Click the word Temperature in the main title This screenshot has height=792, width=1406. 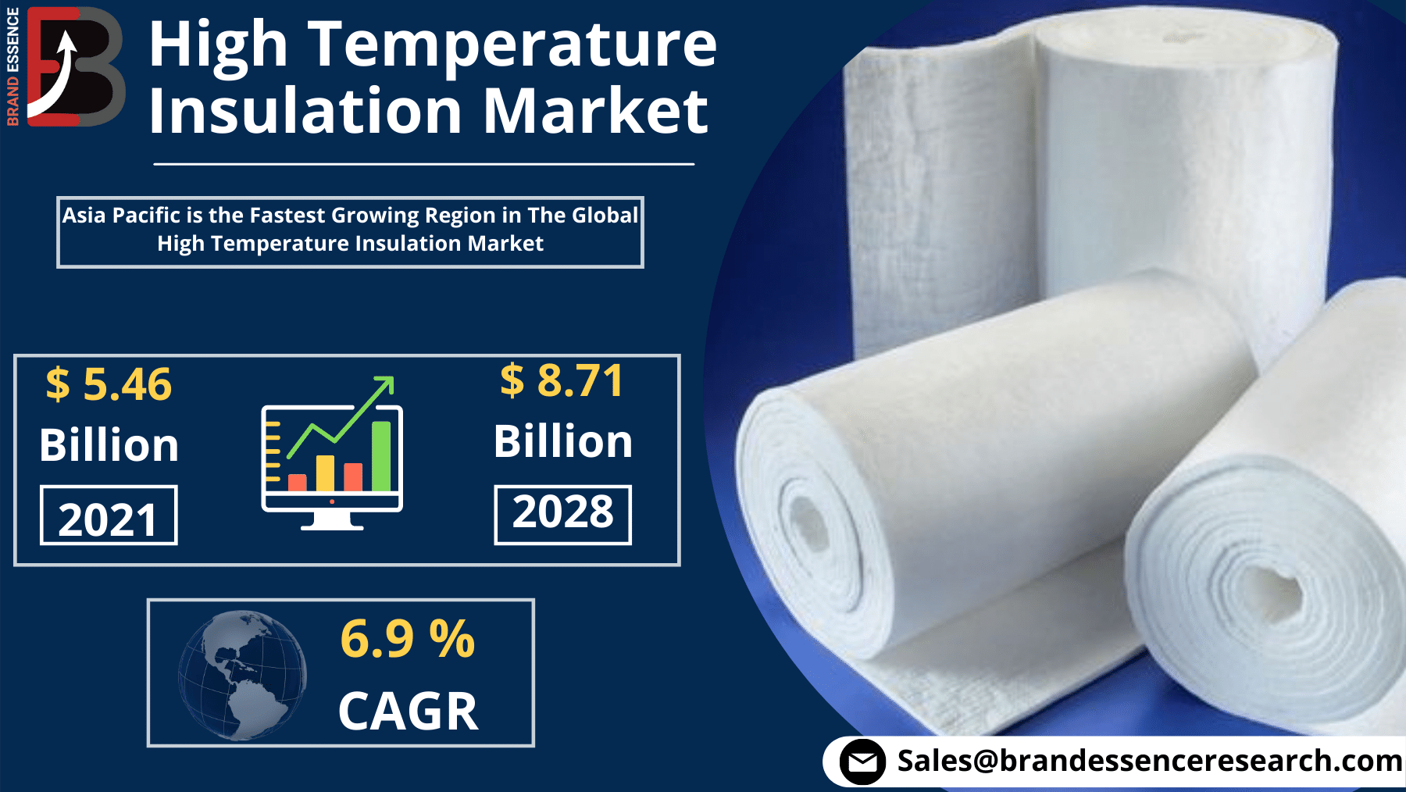512,45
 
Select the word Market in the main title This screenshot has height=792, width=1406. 595,111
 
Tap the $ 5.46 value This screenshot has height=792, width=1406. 109,384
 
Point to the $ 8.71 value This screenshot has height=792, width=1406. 562,380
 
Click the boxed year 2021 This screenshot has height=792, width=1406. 109,517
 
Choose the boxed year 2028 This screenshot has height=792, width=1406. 562,513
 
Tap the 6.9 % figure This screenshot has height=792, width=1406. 407,639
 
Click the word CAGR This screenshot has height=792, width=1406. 408,711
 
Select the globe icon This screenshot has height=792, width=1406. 242,675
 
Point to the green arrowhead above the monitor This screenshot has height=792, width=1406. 386,384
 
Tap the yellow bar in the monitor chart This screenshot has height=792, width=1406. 325,473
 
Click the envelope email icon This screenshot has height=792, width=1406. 862,762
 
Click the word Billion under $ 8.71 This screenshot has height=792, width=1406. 562,441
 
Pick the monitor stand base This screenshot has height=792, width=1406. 332,524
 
